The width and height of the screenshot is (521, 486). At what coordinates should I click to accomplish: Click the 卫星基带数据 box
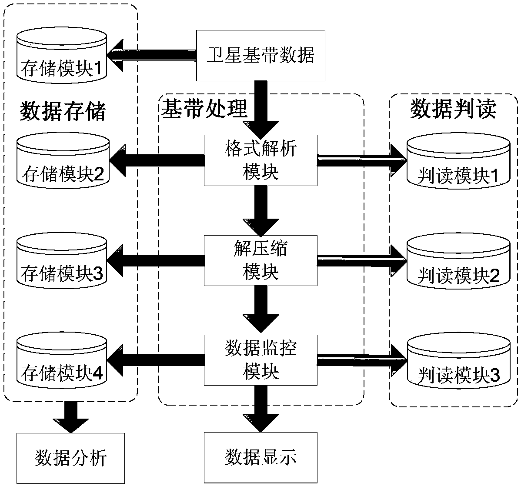coord(260,56)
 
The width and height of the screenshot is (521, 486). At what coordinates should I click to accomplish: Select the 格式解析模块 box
coord(260,160)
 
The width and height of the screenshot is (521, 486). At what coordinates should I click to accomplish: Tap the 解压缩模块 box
coord(260,260)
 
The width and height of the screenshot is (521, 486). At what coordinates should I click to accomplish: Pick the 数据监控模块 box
coord(260,360)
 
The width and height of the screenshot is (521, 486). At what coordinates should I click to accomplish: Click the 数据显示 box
coord(260,457)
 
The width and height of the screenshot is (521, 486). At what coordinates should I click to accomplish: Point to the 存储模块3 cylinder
coord(62,260)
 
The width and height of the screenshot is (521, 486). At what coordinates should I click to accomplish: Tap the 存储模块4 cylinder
coord(62,360)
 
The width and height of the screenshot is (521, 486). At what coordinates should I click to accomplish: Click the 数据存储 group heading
coord(63,112)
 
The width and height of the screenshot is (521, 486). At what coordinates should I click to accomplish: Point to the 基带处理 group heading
coord(204,109)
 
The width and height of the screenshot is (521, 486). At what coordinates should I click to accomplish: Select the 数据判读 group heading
coord(453,110)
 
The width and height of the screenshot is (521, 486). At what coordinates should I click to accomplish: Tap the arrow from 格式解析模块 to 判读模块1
coord(361,160)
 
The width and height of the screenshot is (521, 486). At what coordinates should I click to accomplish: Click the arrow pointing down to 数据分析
coord(70,417)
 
